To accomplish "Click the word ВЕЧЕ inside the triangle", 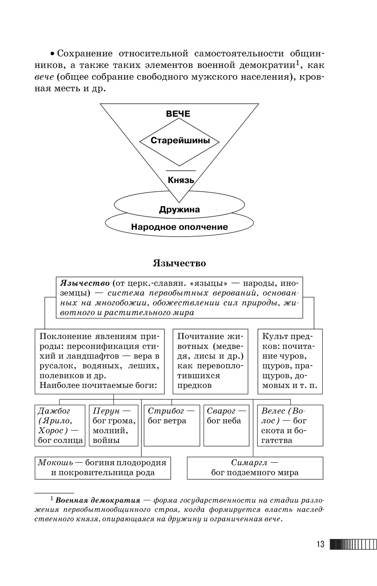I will [178, 114].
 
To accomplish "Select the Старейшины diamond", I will [180, 141].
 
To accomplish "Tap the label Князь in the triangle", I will [181, 180].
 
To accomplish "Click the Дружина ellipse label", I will [179, 209].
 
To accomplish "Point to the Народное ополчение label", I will [179, 227].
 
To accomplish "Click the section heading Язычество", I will [179, 263].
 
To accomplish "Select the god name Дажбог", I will [54, 411].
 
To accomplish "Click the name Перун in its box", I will [106, 411].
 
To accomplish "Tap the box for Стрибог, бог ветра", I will [172, 425].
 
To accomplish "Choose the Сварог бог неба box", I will [226, 425].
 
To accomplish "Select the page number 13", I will [320, 544].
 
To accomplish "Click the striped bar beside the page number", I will [353, 544].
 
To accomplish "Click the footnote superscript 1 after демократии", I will [297, 62].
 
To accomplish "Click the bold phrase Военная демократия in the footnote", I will [98, 501].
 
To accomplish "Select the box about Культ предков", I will [290, 361].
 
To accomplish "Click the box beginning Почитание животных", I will [210, 361].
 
